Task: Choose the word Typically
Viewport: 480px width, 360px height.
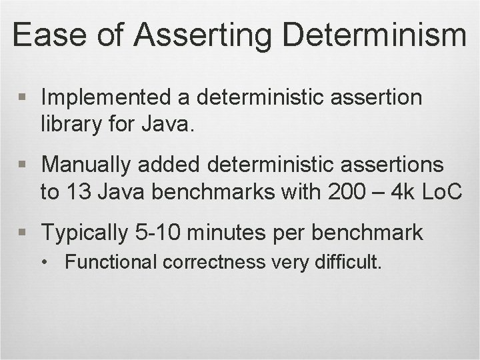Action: click(x=85, y=232)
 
